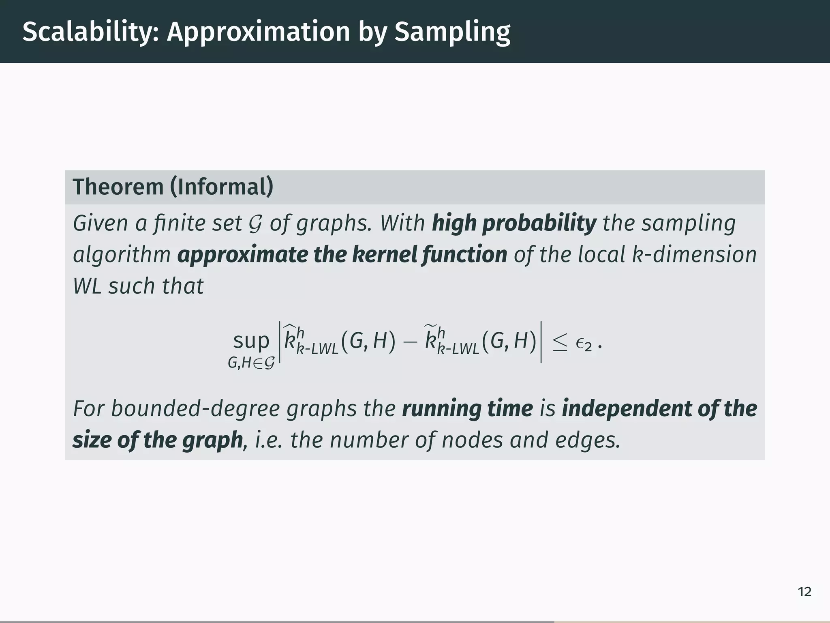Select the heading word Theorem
tap(118, 187)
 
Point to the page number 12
tap(804, 592)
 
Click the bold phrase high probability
tap(514, 223)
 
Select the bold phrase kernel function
tap(429, 255)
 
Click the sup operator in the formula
tap(251, 341)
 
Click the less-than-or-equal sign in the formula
tap(560, 343)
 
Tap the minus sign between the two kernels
tap(410, 342)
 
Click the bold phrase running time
tap(467, 408)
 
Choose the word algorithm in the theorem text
tap(122, 255)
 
